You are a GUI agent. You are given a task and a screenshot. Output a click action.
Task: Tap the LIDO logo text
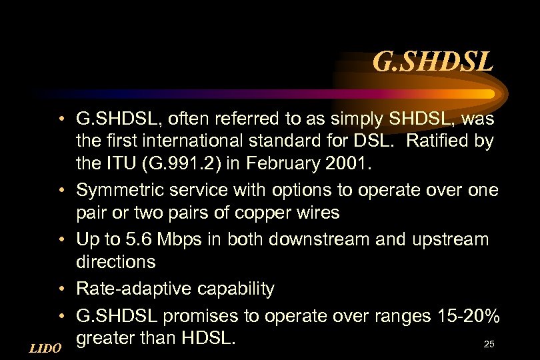pos(45,348)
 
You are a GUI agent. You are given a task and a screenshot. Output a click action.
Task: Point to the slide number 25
pos(489,344)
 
